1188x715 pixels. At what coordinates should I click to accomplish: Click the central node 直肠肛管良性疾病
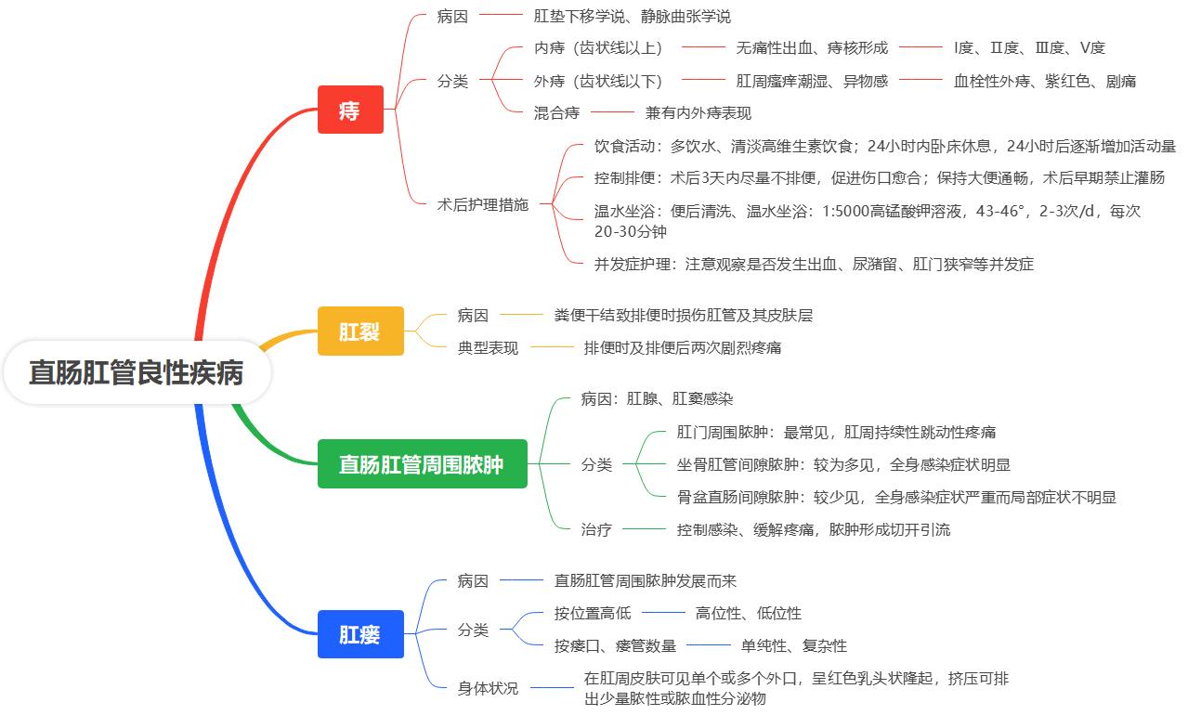(136, 373)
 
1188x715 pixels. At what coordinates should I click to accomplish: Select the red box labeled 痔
(350, 110)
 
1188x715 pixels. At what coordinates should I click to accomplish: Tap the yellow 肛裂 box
(360, 331)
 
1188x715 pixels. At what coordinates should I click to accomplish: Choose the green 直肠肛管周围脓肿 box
(422, 463)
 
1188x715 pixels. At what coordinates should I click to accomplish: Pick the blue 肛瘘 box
(360, 634)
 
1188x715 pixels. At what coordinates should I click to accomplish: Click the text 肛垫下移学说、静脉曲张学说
(632, 16)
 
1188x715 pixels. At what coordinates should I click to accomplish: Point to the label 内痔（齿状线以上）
(599, 47)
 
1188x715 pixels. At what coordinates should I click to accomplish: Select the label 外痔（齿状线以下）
(599, 81)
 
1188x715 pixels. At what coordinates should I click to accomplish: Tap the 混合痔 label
(556, 112)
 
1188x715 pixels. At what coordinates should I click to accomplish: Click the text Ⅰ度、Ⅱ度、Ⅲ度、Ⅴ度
(1029, 47)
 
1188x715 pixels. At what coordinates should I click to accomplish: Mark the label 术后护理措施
(483, 204)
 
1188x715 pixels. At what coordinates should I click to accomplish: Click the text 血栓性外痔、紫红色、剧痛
(1045, 81)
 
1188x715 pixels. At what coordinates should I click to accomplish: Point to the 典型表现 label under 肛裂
(488, 347)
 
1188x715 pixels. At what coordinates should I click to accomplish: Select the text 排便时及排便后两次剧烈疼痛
(683, 347)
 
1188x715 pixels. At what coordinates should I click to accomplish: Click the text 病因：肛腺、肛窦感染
(657, 398)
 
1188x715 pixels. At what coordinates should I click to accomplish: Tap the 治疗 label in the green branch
(596, 529)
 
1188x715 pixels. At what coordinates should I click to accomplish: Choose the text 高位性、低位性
(748, 613)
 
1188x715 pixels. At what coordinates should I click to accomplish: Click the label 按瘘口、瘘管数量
(615, 645)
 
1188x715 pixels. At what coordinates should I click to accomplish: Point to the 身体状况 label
(488, 688)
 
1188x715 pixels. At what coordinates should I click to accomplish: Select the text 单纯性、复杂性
(793, 645)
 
